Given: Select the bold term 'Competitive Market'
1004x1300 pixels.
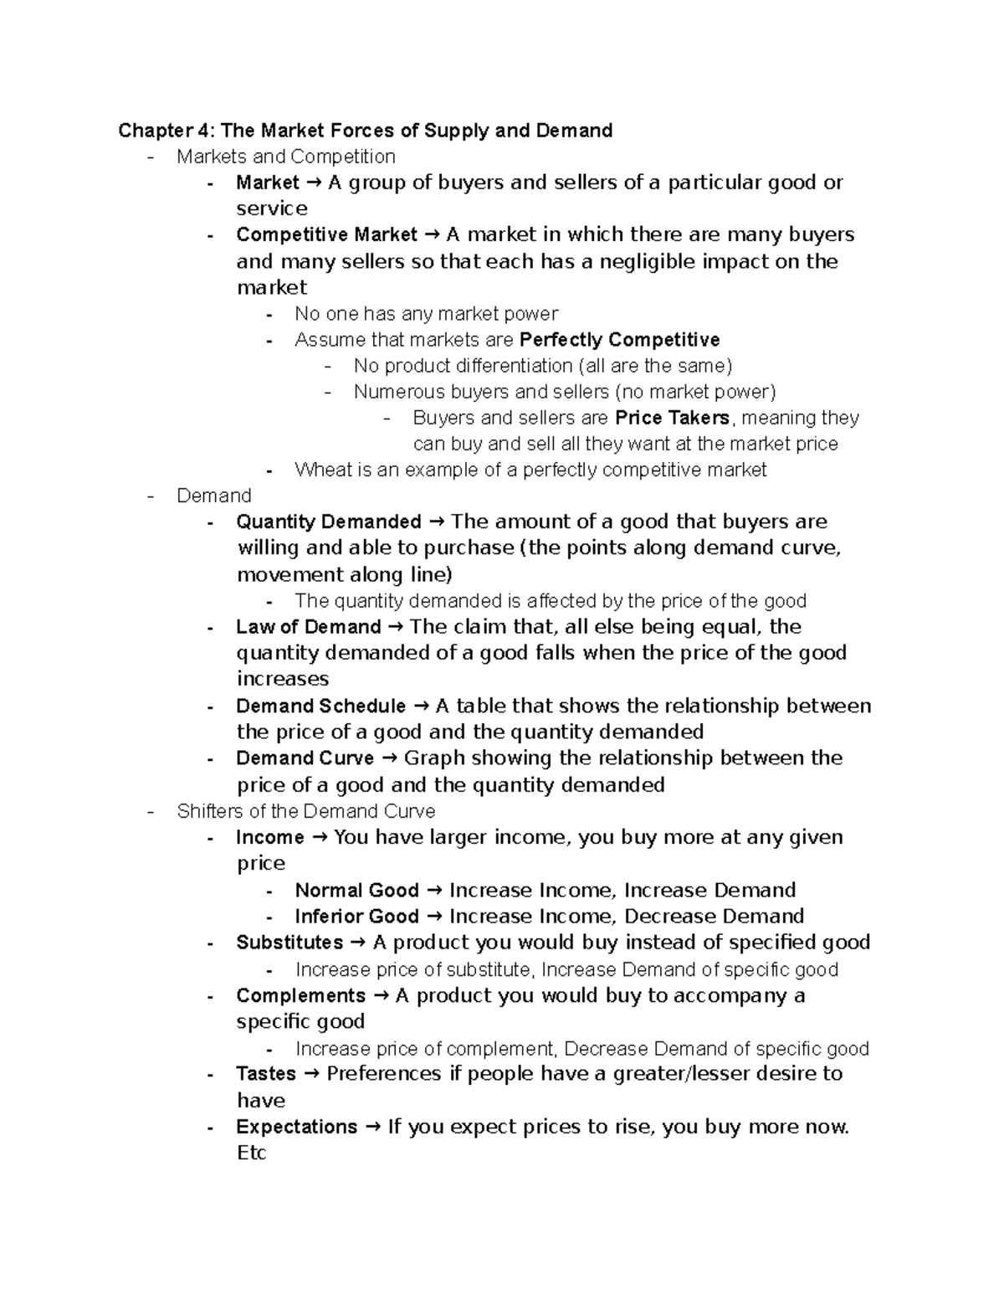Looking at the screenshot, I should coord(326,234).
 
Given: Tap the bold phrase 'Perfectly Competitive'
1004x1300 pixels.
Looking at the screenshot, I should coord(619,340).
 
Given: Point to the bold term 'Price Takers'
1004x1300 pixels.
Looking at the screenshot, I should coord(672,418).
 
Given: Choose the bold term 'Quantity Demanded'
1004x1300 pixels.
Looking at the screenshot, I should coord(329,522).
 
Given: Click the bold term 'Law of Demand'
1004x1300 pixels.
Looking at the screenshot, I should coord(308,627).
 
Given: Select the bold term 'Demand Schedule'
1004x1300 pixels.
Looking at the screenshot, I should coord(320,707).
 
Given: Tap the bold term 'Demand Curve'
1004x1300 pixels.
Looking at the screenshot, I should coord(305,758).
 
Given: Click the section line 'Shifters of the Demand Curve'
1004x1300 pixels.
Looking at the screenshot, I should coord(305,811).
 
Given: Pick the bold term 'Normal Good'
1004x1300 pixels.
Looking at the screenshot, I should coord(356,890).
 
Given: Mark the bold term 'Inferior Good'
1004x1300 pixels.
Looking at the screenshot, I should coord(356,917).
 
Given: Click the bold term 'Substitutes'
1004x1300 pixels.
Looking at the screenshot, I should coord(289,943).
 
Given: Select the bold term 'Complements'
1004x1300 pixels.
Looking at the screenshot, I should coord(300,995).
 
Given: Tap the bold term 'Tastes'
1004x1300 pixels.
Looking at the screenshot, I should coord(266,1074).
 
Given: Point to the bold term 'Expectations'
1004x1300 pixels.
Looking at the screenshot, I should coord(296,1127).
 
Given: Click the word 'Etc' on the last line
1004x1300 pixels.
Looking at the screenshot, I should coord(251,1153).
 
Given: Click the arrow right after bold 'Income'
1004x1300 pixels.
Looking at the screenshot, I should coord(319,837).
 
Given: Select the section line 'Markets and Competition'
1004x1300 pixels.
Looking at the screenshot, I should coord(285,157).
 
